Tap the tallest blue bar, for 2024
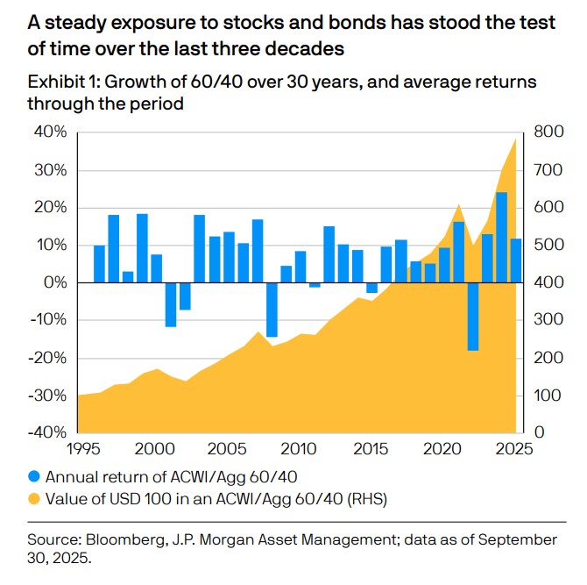[501, 237]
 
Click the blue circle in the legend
[35, 477]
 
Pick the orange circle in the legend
[35, 501]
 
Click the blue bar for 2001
[171, 304]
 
